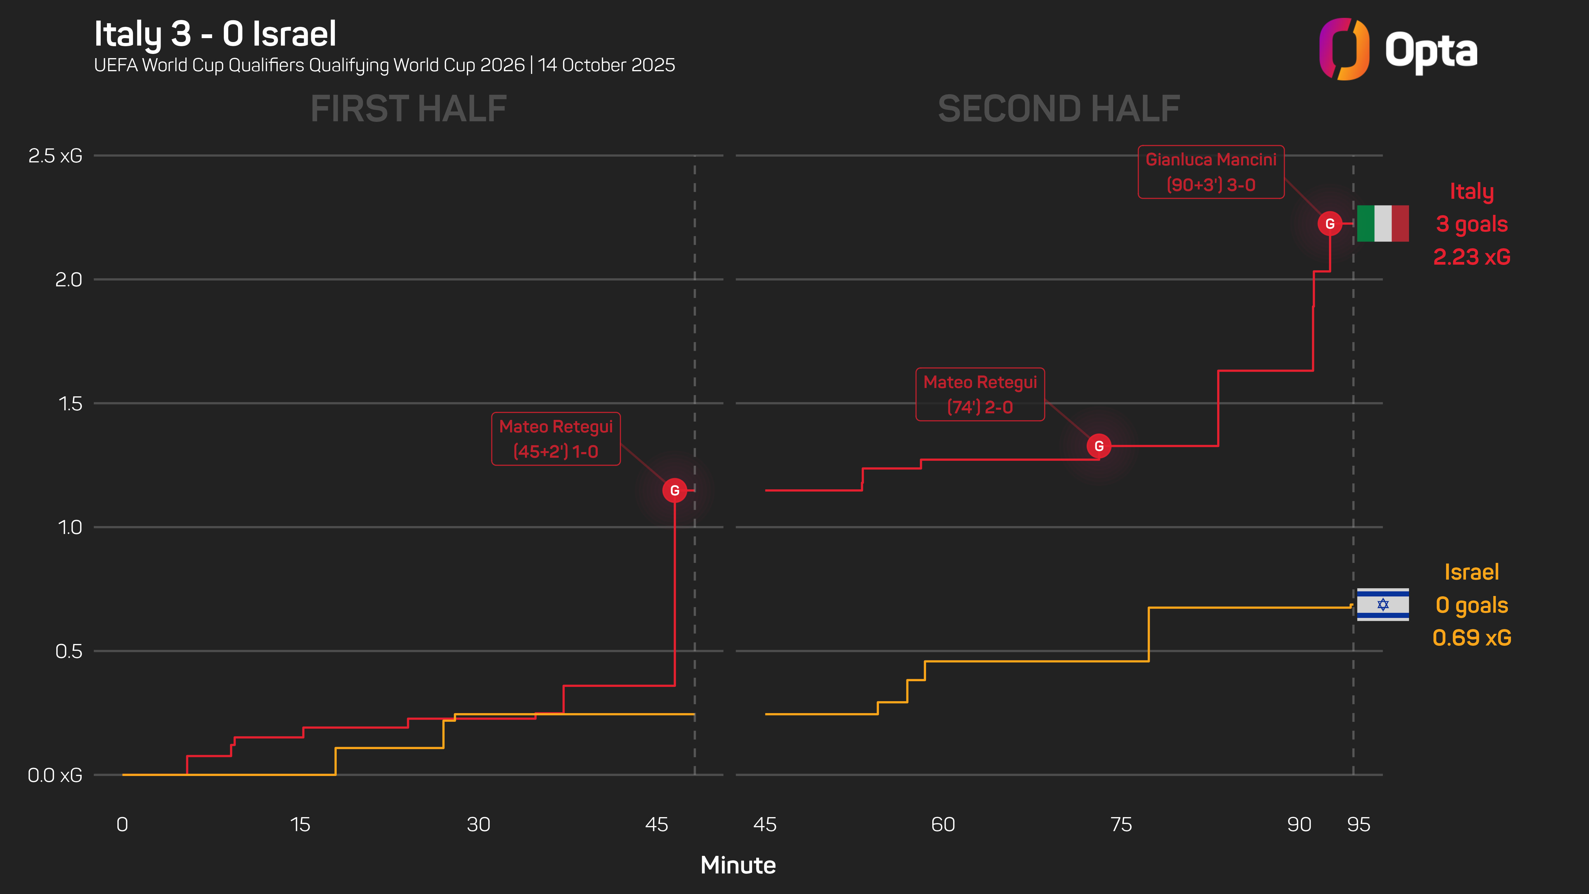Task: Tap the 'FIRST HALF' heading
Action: pyautogui.click(x=408, y=109)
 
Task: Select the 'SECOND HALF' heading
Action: pyautogui.click(x=1059, y=109)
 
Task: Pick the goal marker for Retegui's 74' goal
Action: pyautogui.click(x=1099, y=446)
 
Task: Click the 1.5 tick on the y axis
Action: pyautogui.click(x=70, y=404)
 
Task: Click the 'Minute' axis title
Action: pyautogui.click(x=738, y=865)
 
